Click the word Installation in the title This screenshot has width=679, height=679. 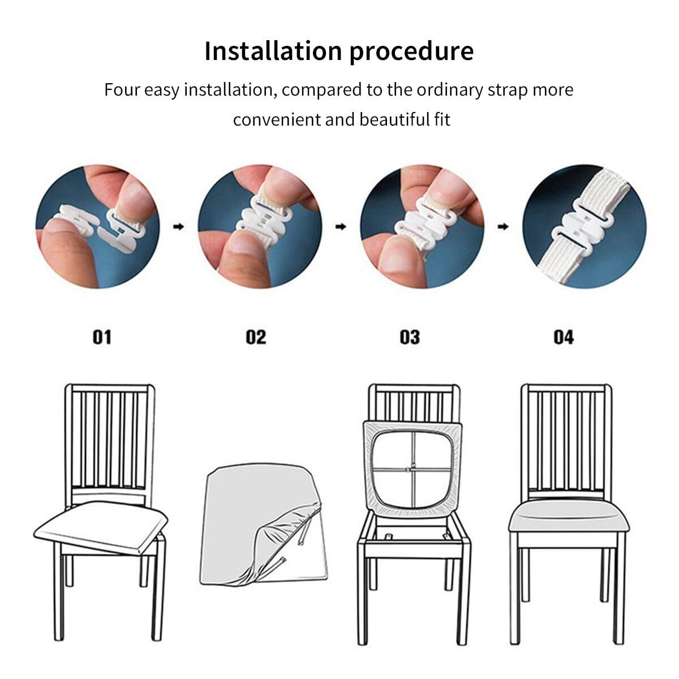click(273, 51)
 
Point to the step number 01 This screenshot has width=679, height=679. click(102, 337)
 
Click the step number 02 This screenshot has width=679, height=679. click(256, 337)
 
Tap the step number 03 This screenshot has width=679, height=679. click(410, 337)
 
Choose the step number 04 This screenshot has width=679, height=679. click(564, 337)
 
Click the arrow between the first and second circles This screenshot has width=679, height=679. click(179, 226)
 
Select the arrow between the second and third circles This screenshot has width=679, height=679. click(341, 226)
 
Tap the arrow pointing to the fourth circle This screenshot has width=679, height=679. click(503, 226)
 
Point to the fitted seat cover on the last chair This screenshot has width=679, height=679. click(569, 517)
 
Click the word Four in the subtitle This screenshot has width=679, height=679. click(122, 90)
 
